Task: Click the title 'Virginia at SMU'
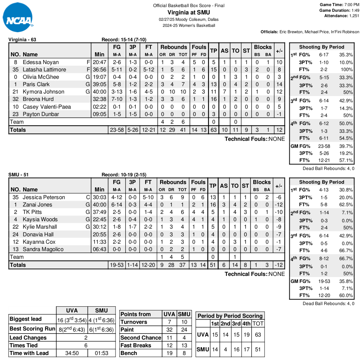pos(189,12)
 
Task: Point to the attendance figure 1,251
pos(354,15)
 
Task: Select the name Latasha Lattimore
pos(44,70)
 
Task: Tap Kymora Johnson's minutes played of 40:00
pos(99,92)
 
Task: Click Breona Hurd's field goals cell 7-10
pos(117,99)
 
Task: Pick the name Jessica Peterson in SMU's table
pos(44,197)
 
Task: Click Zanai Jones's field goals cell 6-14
pos(117,205)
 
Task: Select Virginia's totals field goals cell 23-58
pos(117,130)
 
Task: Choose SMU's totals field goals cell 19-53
pos(117,265)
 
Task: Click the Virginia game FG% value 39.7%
pos(346,146)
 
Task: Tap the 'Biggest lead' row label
pos(26,319)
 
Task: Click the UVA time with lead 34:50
pos(72,353)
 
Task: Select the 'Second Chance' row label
pos(141,338)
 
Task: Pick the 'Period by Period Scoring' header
pos(230,316)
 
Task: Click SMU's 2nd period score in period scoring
pos(225,349)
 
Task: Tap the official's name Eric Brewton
pos(291,32)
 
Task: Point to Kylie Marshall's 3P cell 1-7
pos(133,227)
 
